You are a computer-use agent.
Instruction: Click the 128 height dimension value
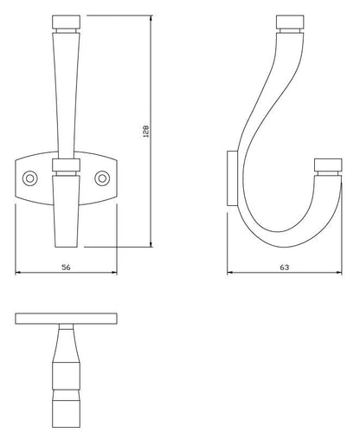146,131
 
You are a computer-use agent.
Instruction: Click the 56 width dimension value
66,268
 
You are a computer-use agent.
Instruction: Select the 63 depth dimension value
284,268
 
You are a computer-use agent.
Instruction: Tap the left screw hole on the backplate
29,178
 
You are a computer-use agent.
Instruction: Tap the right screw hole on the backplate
102,178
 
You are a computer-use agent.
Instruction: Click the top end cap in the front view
66,22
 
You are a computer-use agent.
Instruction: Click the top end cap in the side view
290,22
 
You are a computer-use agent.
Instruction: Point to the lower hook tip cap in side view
328,165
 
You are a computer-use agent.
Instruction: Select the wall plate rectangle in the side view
232,178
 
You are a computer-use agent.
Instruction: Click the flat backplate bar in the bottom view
66,319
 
